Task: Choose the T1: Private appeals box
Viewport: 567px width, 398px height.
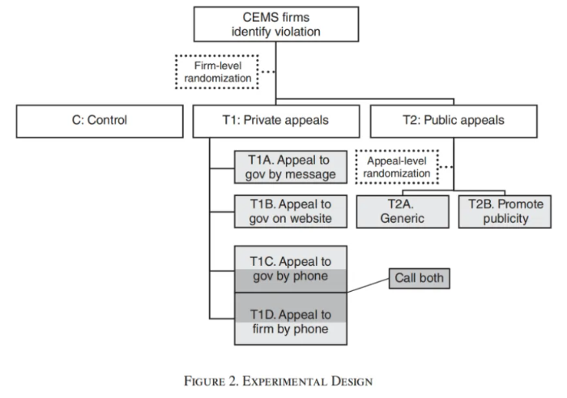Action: (x=275, y=121)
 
